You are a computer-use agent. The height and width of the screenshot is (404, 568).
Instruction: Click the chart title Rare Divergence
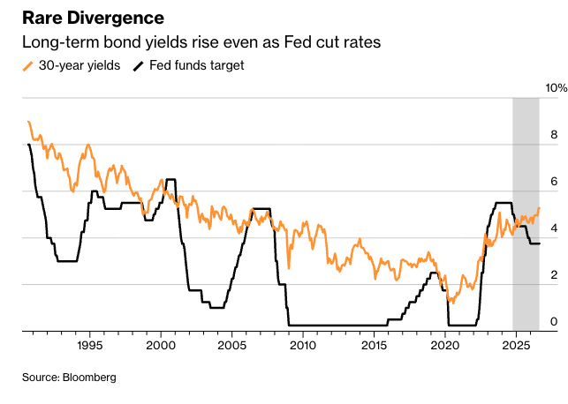(x=93, y=19)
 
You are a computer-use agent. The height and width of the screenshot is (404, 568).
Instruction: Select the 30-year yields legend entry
(x=72, y=65)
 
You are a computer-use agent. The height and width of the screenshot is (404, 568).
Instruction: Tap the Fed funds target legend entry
(x=189, y=65)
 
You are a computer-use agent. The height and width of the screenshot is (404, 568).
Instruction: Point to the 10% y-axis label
(x=556, y=88)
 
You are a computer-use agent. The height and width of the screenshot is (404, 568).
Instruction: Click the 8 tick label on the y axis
(x=554, y=135)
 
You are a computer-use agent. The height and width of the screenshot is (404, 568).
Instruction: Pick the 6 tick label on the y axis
(x=554, y=182)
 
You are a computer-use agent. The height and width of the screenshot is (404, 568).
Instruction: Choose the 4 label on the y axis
(x=554, y=228)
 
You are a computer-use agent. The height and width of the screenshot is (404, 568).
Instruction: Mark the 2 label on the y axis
(x=554, y=275)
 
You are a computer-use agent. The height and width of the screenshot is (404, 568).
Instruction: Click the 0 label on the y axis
(x=554, y=322)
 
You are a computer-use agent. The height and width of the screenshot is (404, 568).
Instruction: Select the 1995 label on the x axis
(x=90, y=346)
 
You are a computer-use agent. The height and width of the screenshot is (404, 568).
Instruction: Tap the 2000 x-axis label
(x=161, y=346)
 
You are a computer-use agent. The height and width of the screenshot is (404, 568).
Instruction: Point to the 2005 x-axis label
(x=231, y=346)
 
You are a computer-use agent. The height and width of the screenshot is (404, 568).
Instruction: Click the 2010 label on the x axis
(x=303, y=346)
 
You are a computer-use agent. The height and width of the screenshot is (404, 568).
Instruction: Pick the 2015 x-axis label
(x=374, y=346)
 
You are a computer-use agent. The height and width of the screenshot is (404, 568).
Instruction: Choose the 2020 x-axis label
(x=445, y=346)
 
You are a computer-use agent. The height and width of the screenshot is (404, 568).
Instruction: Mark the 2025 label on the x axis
(x=516, y=346)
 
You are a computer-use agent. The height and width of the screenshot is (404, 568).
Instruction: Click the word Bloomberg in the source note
(x=89, y=378)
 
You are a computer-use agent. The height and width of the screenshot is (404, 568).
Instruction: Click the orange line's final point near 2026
(x=540, y=208)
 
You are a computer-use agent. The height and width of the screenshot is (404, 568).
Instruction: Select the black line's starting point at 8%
(x=28, y=145)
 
